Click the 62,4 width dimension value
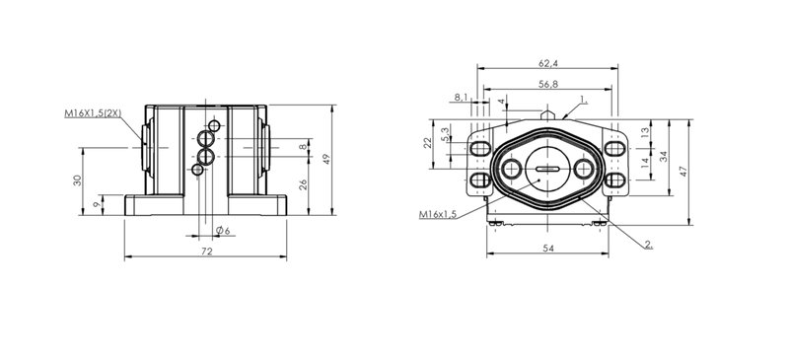point(548,63)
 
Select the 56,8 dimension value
point(548,84)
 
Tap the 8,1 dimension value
point(461,98)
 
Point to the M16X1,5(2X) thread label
point(93,113)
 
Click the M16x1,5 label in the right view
point(437,214)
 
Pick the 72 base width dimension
point(206,252)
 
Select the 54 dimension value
point(549,249)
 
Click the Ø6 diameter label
point(223,231)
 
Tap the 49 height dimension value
point(326,159)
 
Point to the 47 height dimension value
point(682,171)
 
